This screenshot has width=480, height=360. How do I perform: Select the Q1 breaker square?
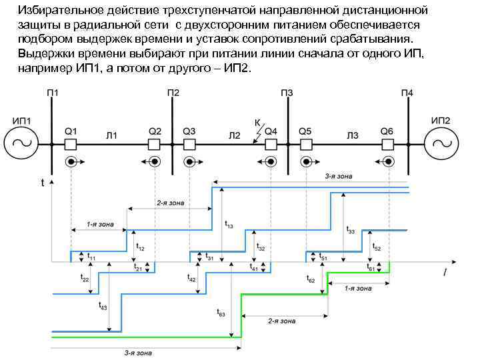tap(70, 143)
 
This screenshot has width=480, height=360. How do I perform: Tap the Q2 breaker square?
tap(154, 143)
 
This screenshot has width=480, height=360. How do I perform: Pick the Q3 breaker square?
tap(189, 143)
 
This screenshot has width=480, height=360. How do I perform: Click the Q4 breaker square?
tap(271, 143)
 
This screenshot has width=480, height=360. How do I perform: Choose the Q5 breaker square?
tap(305, 143)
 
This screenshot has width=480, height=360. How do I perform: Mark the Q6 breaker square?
tap(388, 143)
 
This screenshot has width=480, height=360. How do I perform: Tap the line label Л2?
tap(235, 136)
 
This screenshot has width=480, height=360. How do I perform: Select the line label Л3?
tap(352, 136)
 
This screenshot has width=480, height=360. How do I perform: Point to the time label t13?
tap(229, 225)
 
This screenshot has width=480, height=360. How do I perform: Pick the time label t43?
tap(103, 306)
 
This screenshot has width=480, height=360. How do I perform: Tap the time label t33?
tap(351, 229)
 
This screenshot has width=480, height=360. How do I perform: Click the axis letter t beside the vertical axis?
tap(43, 181)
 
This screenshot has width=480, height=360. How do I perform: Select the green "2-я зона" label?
tap(281, 321)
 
